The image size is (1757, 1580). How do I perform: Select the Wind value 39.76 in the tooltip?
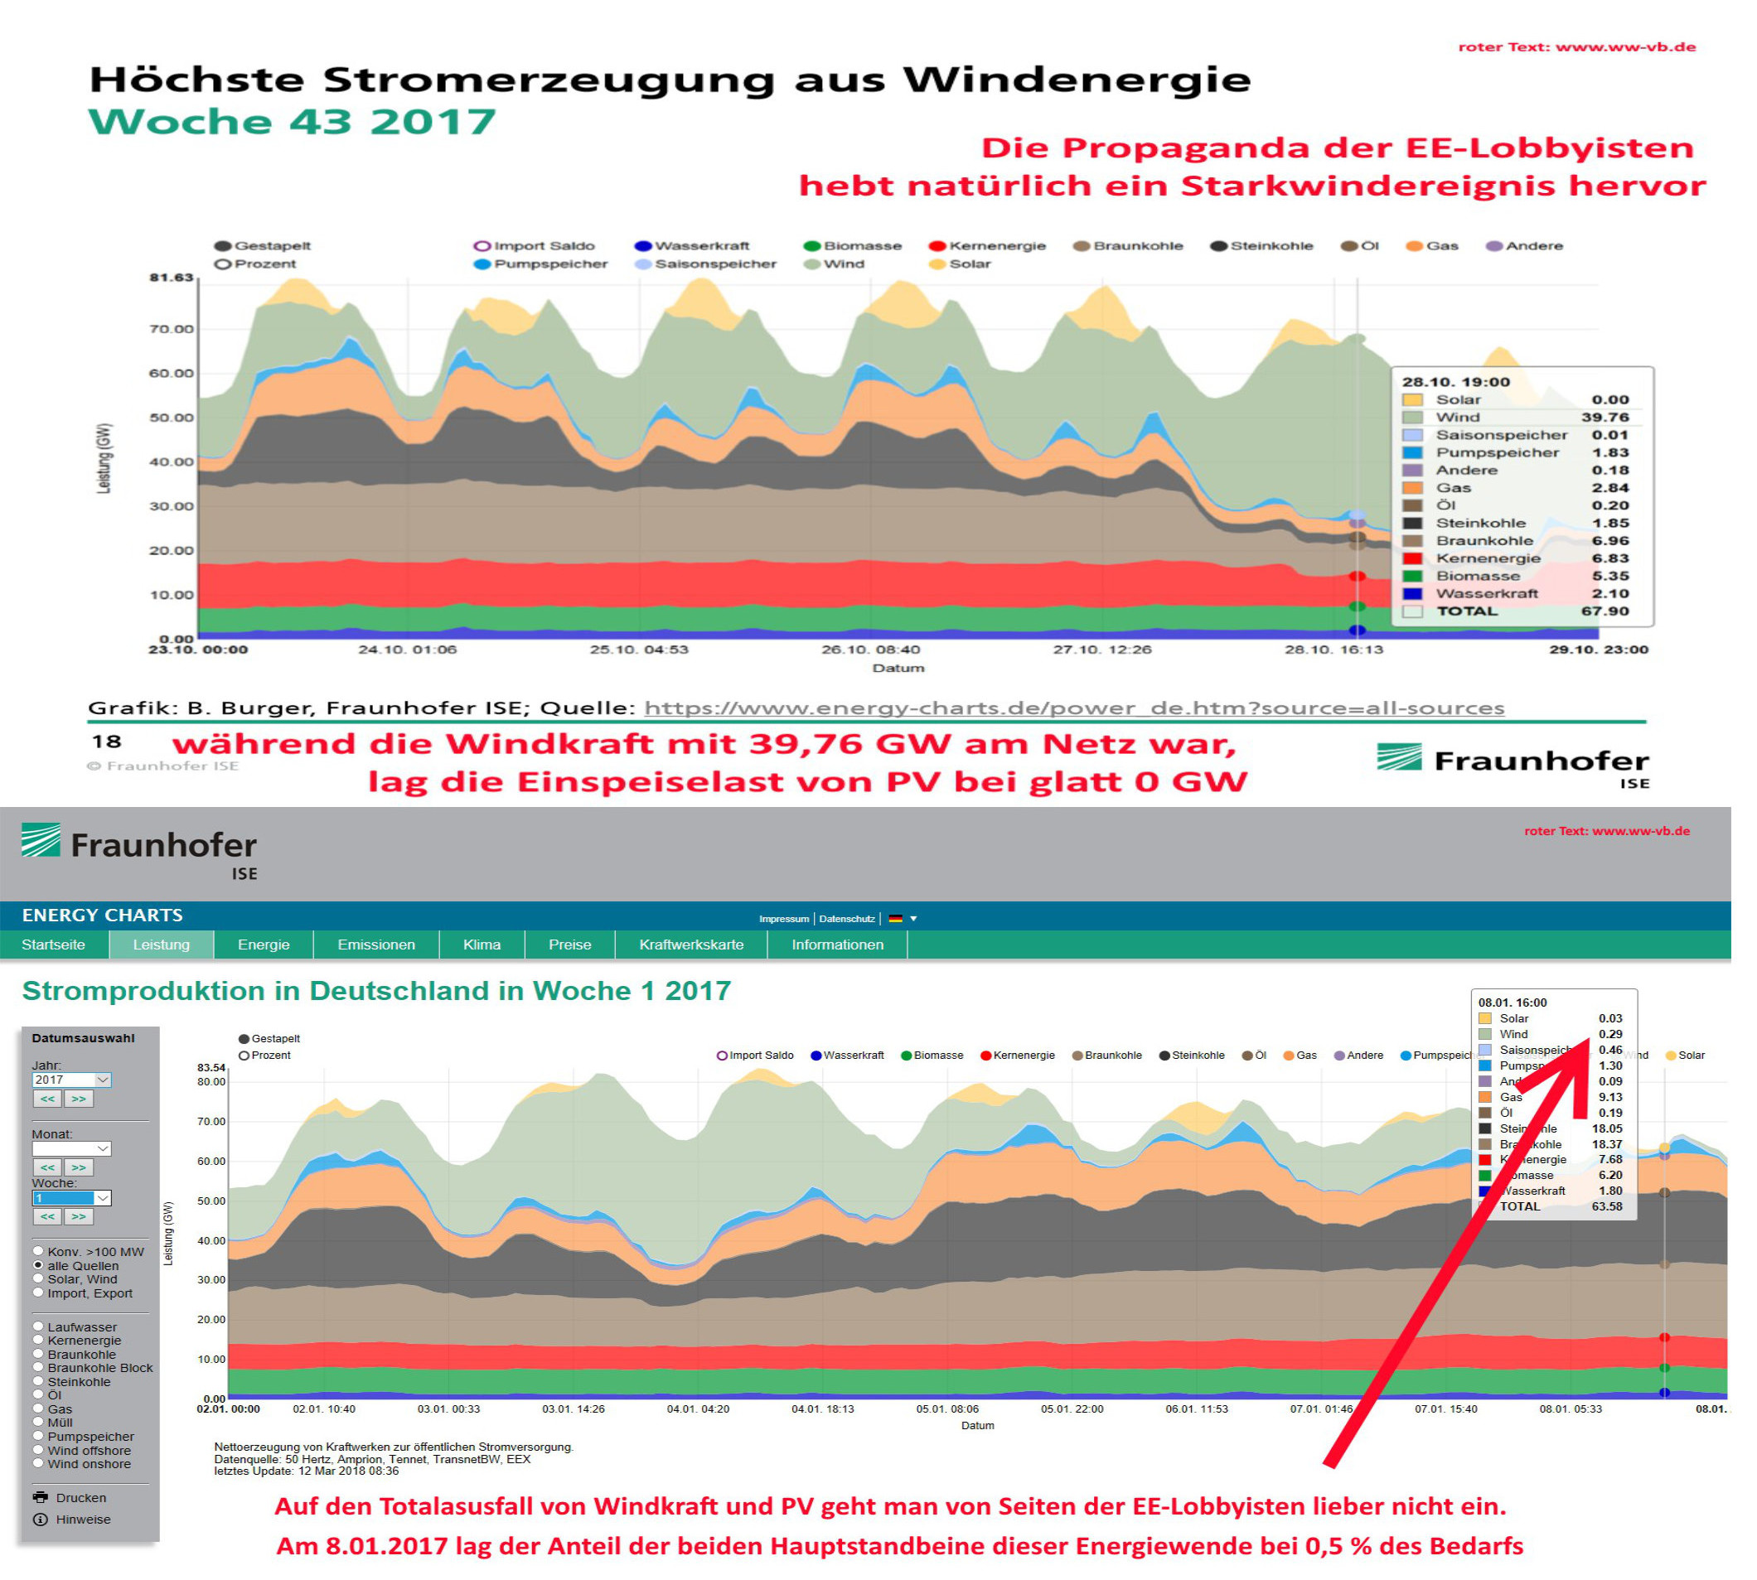[1605, 418]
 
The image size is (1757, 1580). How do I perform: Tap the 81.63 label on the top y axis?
[171, 278]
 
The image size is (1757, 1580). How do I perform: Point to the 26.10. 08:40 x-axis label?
[870, 650]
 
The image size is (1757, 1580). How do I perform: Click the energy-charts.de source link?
[1073, 708]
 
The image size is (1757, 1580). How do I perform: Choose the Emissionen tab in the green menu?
[376, 945]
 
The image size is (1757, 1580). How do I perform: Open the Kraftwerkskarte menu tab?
[690, 945]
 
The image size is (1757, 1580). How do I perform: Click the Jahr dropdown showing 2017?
[71, 1080]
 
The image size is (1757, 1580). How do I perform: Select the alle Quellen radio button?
[38, 1266]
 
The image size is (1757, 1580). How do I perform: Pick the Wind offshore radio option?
[38, 1451]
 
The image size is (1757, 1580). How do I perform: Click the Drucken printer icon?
[41, 1497]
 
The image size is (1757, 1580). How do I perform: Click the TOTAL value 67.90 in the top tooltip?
[1605, 611]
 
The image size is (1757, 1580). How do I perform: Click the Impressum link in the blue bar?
[783, 919]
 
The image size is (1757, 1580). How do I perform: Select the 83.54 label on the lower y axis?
[211, 1068]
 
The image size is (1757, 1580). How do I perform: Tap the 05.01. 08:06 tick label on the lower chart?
[946, 1409]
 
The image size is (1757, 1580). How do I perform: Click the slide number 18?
[107, 742]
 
